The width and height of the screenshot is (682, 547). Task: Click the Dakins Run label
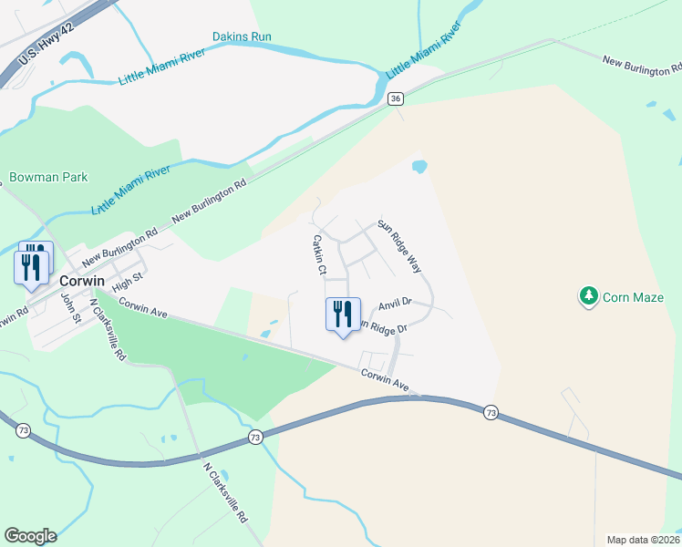[242, 37]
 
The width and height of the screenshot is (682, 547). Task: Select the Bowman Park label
[48, 177]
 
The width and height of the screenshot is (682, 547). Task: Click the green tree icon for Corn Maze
[589, 296]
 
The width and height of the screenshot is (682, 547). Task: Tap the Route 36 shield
[395, 98]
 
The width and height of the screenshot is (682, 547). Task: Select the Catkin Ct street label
[319, 254]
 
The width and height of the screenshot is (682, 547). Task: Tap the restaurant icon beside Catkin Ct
[343, 315]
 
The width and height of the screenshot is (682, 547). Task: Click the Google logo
[30, 536]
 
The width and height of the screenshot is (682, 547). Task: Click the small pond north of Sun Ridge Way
[419, 168]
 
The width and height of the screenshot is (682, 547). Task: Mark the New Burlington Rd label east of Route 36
[642, 65]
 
